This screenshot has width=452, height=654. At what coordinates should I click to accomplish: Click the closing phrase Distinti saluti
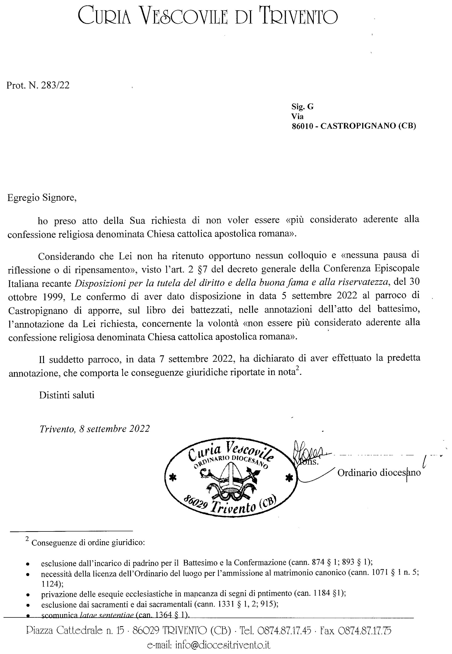[x=67, y=395]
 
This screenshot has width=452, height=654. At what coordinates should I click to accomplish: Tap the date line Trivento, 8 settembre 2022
[x=94, y=429]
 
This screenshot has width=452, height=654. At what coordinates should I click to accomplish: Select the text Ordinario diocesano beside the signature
[x=379, y=473]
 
